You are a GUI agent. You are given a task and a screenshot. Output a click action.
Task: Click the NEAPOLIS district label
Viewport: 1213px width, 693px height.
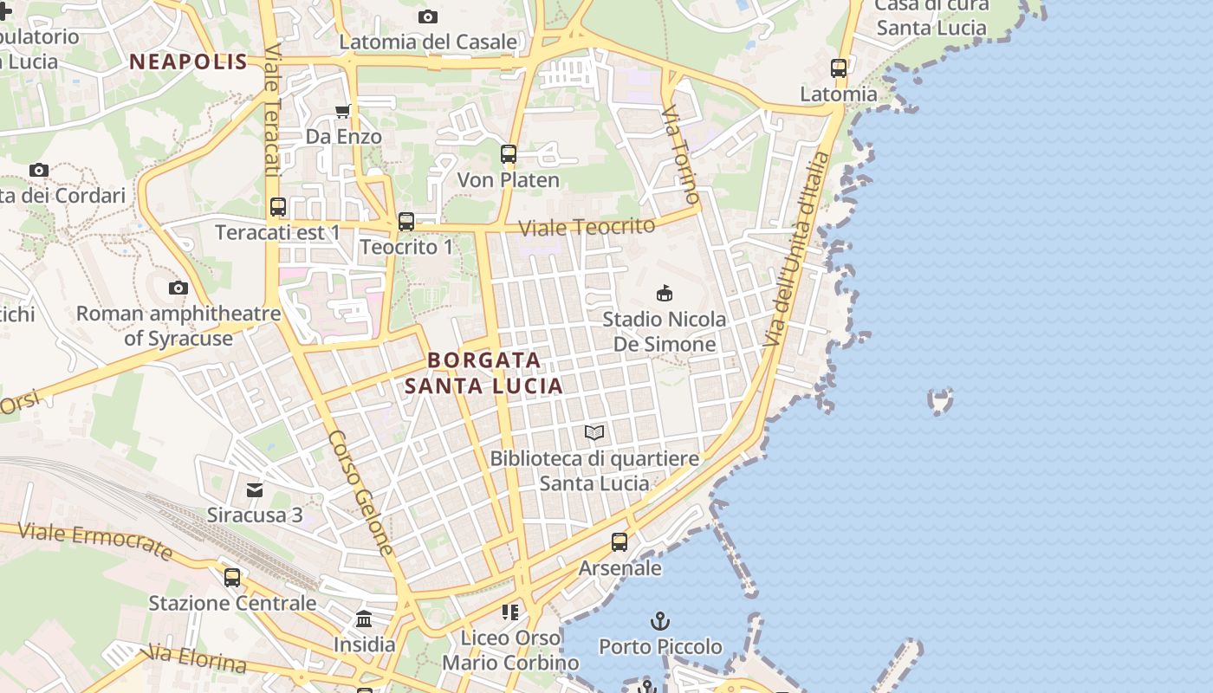click(188, 62)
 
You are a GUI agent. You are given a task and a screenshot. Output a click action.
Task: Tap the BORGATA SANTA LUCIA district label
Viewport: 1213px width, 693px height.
click(484, 372)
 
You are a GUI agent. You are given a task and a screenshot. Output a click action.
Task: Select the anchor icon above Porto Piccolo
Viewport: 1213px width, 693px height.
click(660, 621)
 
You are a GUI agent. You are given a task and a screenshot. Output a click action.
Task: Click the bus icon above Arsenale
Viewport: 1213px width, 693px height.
click(619, 542)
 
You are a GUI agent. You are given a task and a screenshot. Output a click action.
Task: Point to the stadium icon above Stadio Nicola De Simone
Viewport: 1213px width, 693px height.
click(665, 294)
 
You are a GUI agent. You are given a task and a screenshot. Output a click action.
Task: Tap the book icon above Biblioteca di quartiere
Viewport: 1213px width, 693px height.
click(594, 432)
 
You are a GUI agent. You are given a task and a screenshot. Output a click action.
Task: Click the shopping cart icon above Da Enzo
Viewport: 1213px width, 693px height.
click(343, 111)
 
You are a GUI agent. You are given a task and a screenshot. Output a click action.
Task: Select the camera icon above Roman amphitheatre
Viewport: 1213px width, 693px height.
click(178, 288)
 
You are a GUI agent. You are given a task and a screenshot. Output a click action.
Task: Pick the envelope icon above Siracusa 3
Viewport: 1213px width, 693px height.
click(255, 490)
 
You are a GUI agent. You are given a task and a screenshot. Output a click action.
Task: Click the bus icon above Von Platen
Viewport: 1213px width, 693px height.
click(509, 154)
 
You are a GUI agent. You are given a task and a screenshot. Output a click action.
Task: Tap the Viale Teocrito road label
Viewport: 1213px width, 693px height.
click(587, 227)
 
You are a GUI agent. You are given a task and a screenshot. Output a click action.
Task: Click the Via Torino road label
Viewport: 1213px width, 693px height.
click(681, 154)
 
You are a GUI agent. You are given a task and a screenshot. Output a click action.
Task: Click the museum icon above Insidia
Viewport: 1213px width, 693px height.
click(364, 619)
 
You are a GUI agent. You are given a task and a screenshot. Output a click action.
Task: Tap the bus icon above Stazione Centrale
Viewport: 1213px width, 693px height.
click(232, 577)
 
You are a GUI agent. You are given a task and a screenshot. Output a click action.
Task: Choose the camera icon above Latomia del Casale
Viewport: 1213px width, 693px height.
click(427, 16)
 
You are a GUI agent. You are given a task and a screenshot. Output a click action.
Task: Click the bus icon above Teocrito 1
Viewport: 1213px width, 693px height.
click(406, 222)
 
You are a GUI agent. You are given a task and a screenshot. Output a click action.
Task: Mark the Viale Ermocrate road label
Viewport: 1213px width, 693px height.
click(95, 541)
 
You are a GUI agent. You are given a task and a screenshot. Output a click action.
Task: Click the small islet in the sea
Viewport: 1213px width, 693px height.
click(940, 401)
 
